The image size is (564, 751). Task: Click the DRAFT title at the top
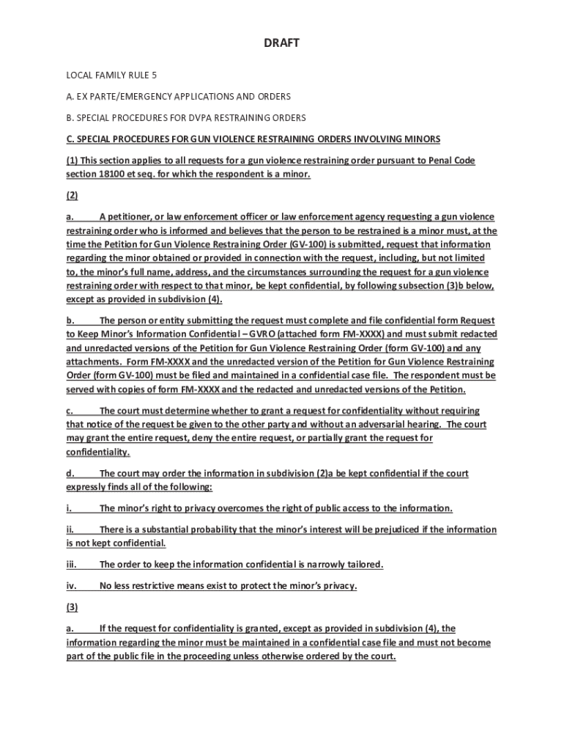(281, 44)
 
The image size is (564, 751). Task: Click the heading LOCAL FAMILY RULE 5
(112, 76)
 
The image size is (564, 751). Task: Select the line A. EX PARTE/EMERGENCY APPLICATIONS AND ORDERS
(179, 97)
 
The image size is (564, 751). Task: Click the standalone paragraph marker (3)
(72, 607)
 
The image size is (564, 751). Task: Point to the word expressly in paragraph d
(87, 488)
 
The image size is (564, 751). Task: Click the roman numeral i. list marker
(70, 508)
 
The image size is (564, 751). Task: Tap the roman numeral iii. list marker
(72, 565)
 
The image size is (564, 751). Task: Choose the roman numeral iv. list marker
(72, 586)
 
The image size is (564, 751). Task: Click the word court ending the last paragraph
(382, 656)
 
